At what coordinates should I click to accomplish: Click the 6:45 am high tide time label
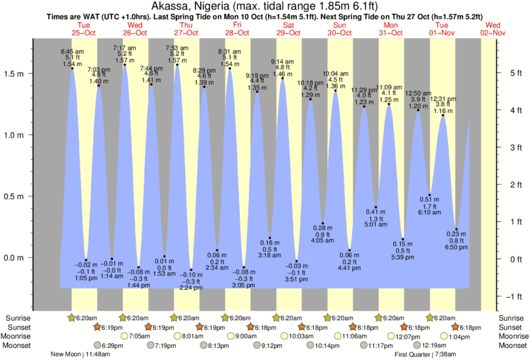tap(72, 51)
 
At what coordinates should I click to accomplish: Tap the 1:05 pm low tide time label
tap(86, 277)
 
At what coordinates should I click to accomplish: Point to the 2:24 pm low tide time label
tap(191, 289)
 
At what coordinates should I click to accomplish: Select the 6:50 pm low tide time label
tap(456, 247)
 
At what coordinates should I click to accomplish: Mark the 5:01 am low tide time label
tap(376, 225)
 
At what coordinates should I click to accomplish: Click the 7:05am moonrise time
tap(140, 336)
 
